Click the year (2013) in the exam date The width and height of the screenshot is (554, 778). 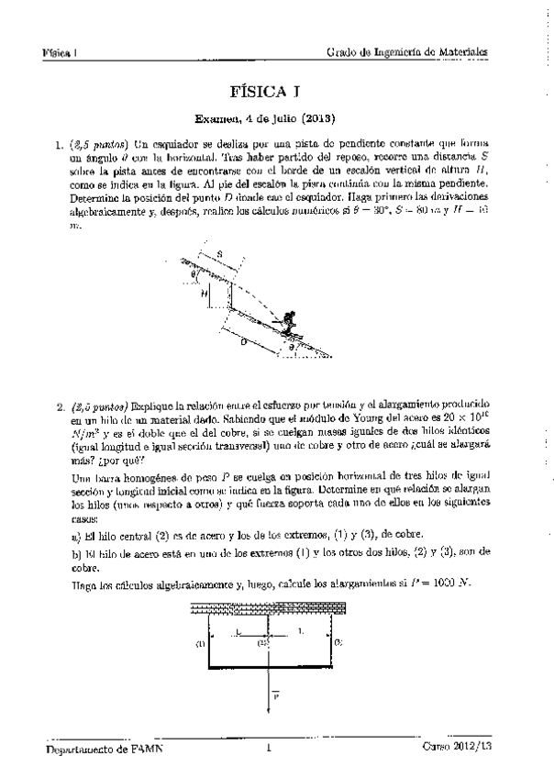click(314, 118)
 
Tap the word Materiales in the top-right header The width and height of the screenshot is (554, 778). click(458, 52)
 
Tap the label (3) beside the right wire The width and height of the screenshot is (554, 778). click(338, 644)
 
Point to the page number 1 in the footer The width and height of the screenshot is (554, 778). click(269, 748)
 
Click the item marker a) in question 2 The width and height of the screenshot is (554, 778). click(76, 535)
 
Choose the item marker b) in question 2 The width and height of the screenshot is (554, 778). click(76, 552)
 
